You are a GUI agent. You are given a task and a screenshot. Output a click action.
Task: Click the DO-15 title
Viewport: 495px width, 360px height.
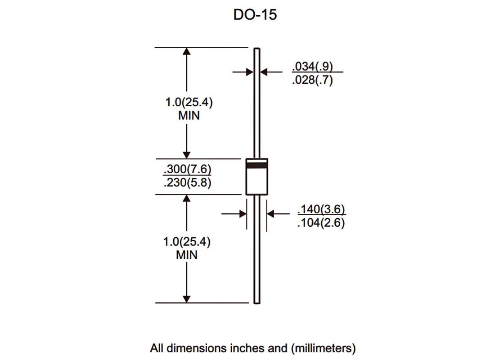click(255, 15)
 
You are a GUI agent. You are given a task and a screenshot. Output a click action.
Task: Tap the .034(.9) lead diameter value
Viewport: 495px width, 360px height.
click(313, 66)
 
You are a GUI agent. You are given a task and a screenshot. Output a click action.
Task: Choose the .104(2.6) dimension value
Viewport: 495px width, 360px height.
click(321, 223)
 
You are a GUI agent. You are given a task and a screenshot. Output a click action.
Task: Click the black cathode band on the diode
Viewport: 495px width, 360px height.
click(256, 165)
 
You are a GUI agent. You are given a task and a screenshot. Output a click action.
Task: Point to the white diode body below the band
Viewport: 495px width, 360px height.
click(256, 182)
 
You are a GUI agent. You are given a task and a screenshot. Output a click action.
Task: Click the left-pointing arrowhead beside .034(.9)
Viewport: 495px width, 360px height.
click(264, 72)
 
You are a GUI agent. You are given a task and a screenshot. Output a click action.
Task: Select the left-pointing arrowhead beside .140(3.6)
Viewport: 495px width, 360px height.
click(271, 214)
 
